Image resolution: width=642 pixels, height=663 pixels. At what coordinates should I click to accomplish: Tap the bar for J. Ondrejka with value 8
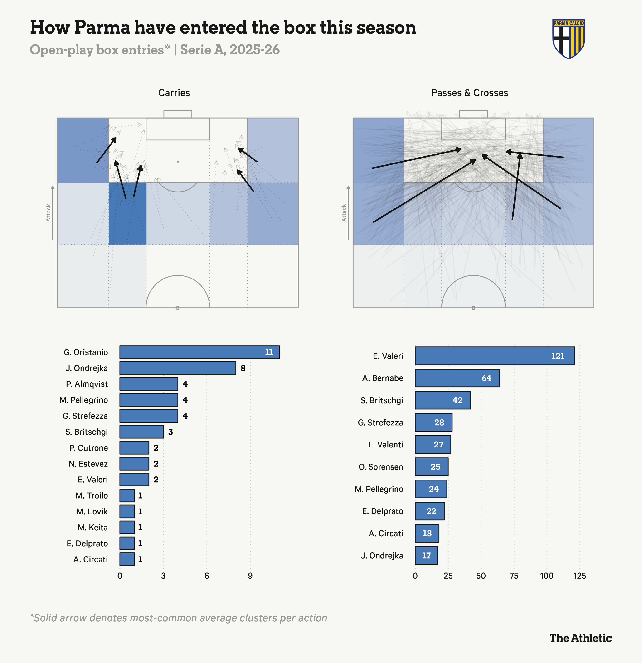(178, 368)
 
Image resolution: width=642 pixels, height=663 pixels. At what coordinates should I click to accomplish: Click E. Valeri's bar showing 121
(494, 356)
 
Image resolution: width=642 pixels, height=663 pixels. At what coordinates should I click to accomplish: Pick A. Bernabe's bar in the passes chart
(457, 378)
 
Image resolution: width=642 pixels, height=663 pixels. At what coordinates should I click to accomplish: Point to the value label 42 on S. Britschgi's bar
(457, 400)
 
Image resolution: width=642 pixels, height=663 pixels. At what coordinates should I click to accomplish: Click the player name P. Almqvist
(87, 384)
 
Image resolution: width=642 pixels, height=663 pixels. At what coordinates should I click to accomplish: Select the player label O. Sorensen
(381, 467)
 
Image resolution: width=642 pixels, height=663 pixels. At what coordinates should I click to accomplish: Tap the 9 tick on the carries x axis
(250, 576)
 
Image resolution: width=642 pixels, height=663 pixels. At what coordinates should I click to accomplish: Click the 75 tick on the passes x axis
(514, 576)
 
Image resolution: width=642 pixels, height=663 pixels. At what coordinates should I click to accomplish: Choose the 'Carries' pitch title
(174, 93)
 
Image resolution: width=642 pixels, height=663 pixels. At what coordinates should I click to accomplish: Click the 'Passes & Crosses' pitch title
(469, 93)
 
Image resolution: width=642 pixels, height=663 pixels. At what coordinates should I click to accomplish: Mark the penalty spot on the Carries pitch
(178, 162)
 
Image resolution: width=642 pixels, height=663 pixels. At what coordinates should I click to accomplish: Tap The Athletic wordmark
(580, 638)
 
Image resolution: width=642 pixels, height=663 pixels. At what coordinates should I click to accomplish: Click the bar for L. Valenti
(433, 444)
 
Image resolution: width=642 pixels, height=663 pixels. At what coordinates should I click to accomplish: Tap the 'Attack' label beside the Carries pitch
(49, 213)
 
